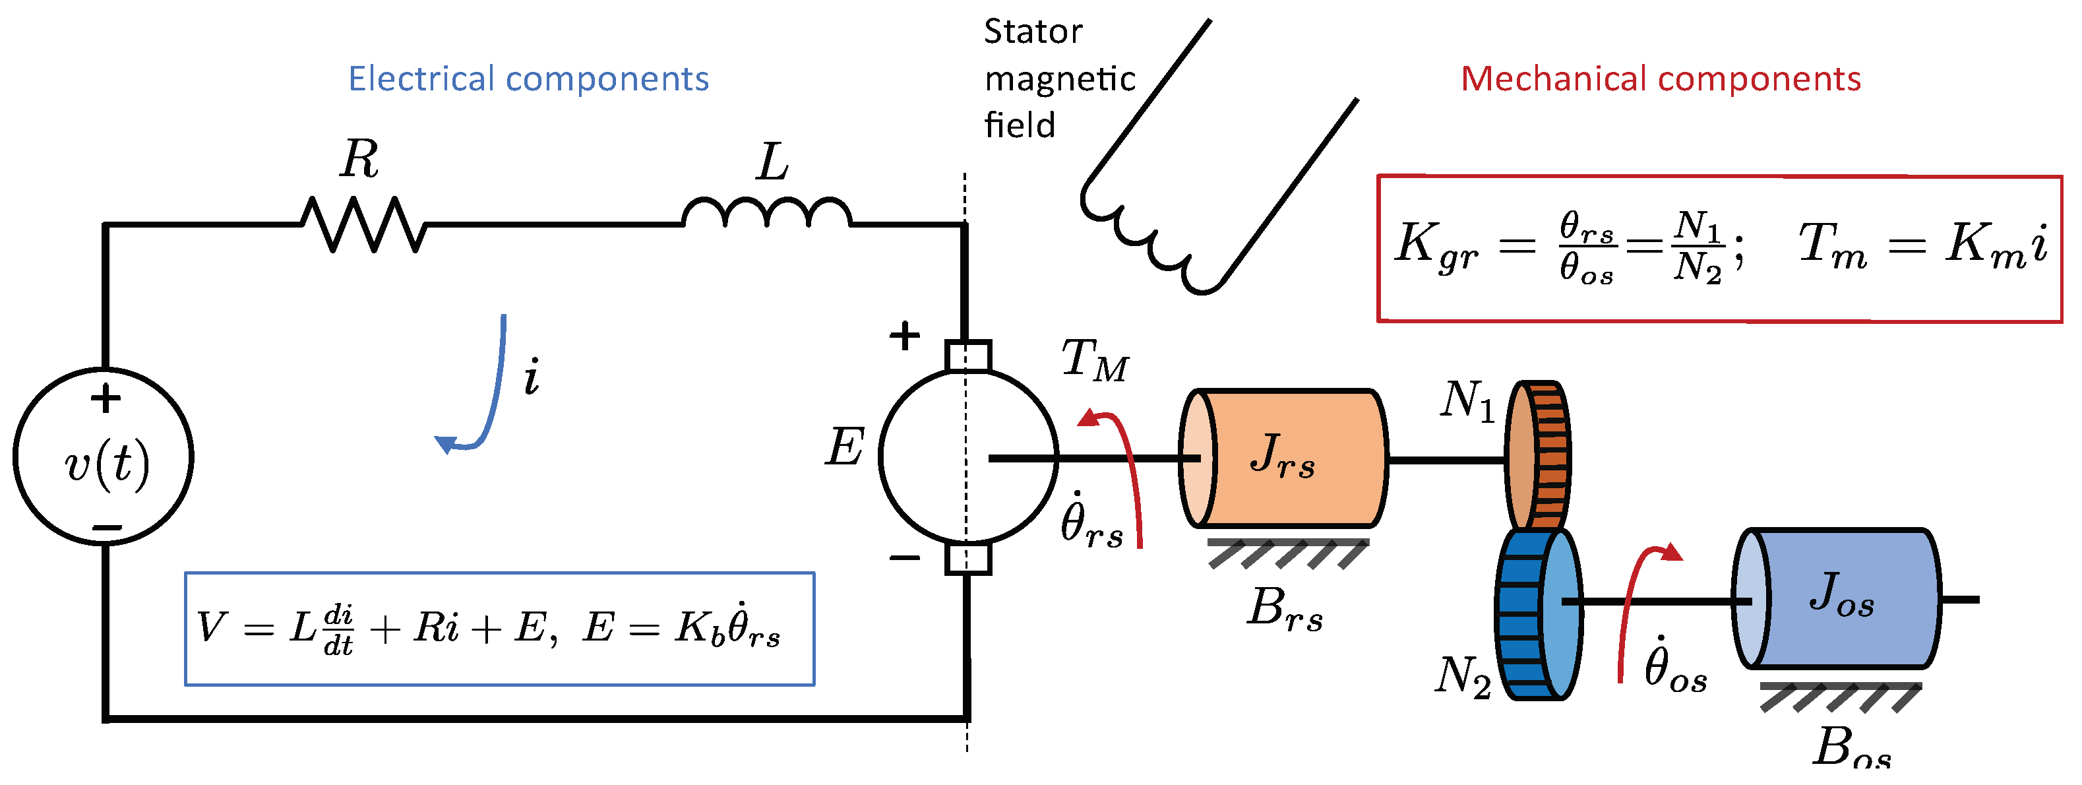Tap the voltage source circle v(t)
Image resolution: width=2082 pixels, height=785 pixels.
tap(104, 456)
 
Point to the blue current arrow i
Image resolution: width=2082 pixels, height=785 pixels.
tap(485, 388)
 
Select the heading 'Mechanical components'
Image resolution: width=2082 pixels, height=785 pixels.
tap(1660, 79)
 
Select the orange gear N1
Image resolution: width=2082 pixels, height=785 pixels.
tap(1538, 456)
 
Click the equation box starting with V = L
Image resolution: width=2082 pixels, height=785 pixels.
tap(499, 629)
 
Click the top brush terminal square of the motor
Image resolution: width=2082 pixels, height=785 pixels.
tap(967, 355)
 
